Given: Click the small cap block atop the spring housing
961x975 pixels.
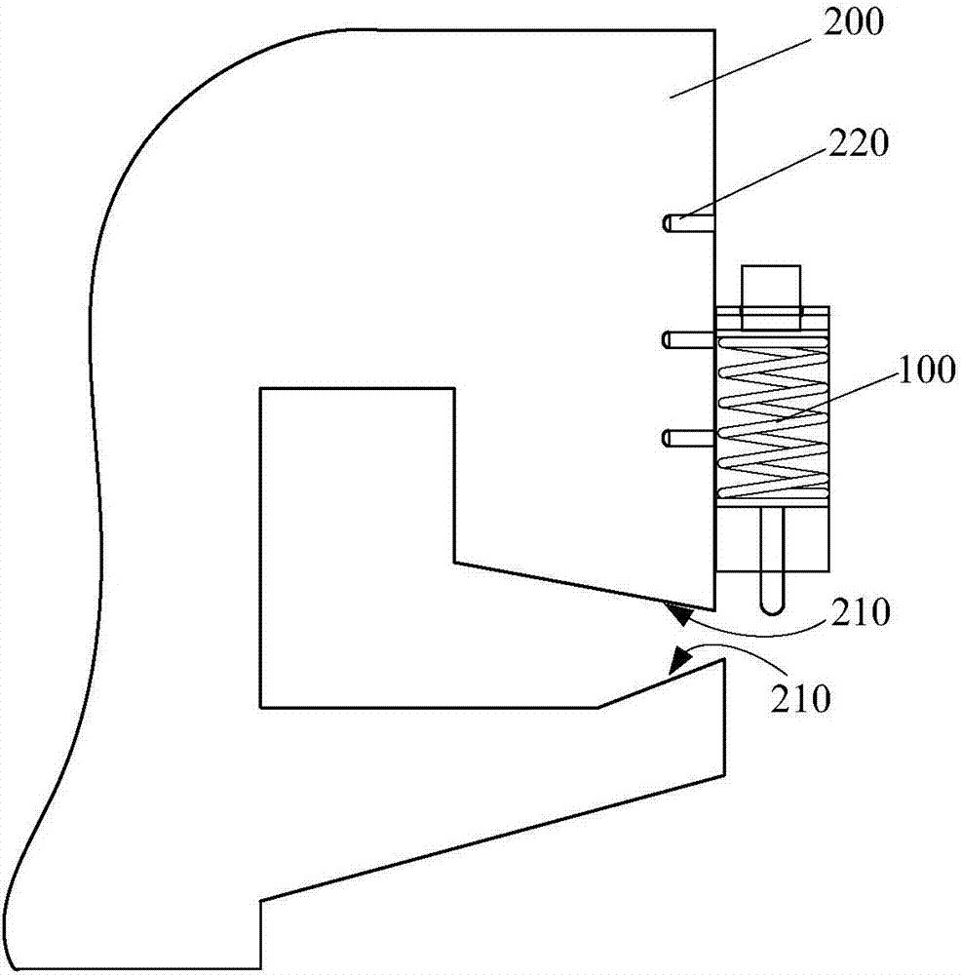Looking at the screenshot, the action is click(771, 291).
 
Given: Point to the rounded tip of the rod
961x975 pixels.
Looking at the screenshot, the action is click(771, 605).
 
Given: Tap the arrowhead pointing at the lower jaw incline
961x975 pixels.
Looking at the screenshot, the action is click(679, 660).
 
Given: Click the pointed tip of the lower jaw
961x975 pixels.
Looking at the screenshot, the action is click(722, 660).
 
